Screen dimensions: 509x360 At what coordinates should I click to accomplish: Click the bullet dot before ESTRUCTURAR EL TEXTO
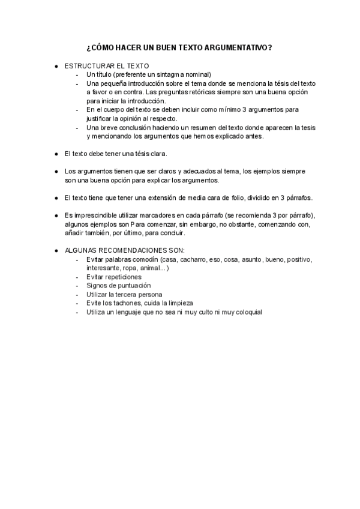point(56,65)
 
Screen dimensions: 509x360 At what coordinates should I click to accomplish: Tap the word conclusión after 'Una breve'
point(134,128)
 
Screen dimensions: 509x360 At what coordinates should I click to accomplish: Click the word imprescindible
point(93,215)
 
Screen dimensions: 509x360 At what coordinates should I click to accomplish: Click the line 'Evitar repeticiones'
point(114,277)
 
